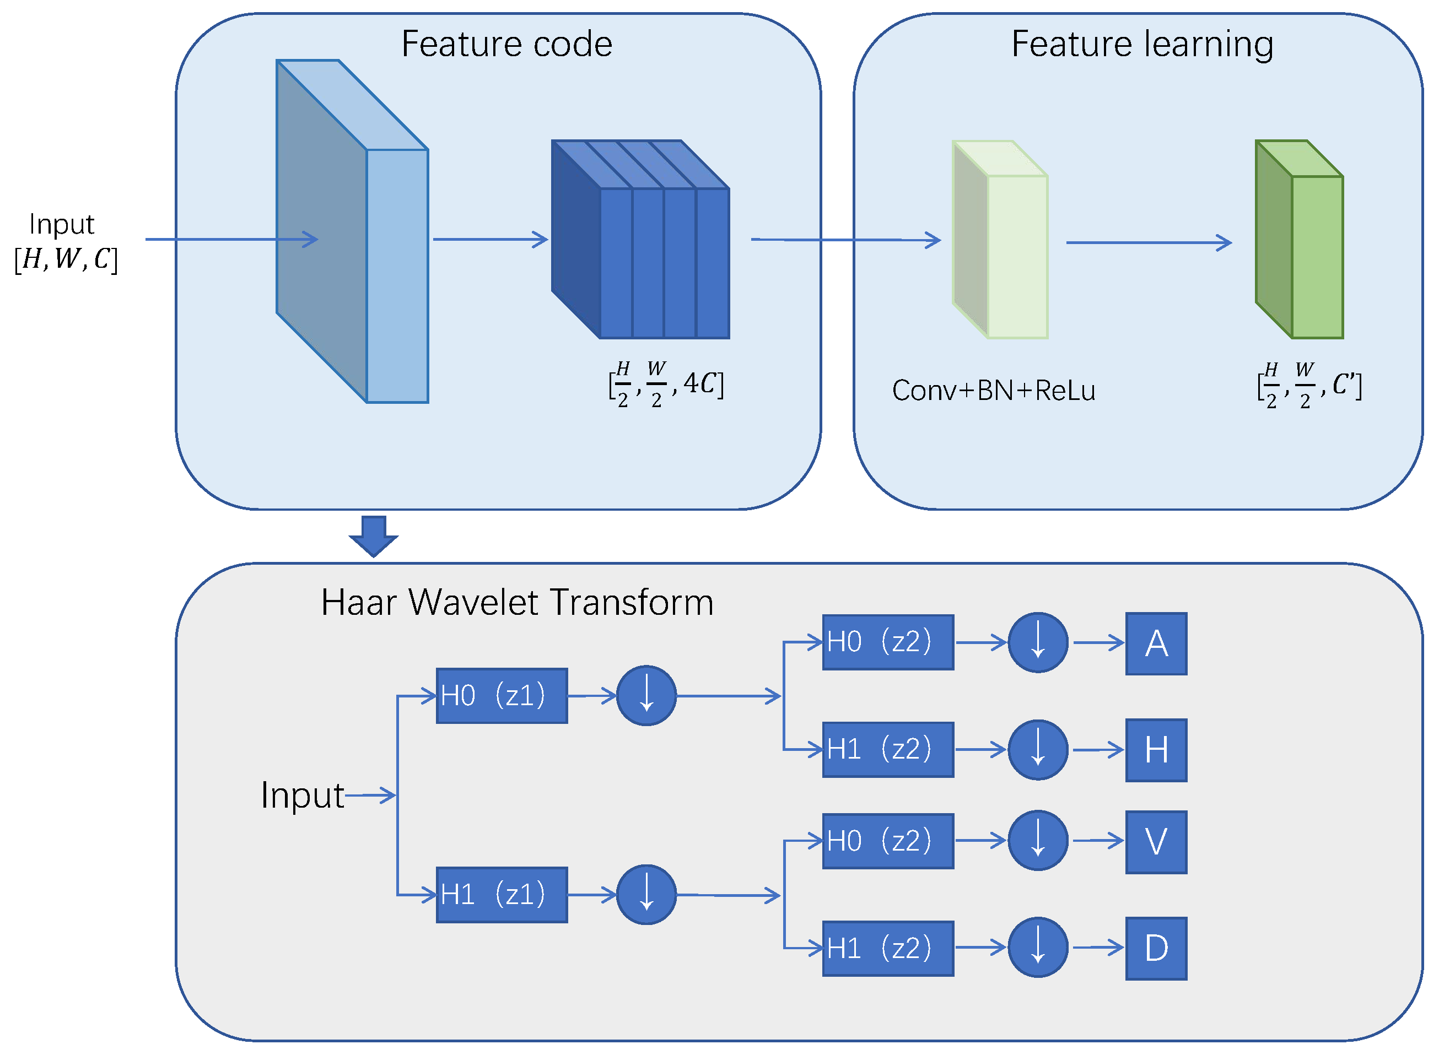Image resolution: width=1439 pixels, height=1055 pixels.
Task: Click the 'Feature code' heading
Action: [506, 44]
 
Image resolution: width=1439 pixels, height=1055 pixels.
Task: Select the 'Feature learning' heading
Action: [1142, 44]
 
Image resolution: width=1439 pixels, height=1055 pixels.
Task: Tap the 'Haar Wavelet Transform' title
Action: [517, 602]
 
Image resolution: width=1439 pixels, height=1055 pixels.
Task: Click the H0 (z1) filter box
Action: [502, 696]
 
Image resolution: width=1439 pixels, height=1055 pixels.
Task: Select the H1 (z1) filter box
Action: [502, 895]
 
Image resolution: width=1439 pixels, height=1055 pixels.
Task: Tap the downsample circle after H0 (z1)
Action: [646, 696]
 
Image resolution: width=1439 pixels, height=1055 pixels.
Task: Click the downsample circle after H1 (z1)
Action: [646, 895]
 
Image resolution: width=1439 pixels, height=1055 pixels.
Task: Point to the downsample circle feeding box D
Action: [1037, 948]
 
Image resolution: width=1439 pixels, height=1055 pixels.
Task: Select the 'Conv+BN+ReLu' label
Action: [993, 390]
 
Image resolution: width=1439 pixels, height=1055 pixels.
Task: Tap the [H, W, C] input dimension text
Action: [66, 258]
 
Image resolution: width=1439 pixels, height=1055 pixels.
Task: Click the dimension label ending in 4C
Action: [666, 385]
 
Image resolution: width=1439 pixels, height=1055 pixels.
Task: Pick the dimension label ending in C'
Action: [1309, 386]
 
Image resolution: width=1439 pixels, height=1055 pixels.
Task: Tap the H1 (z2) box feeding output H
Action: [887, 750]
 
